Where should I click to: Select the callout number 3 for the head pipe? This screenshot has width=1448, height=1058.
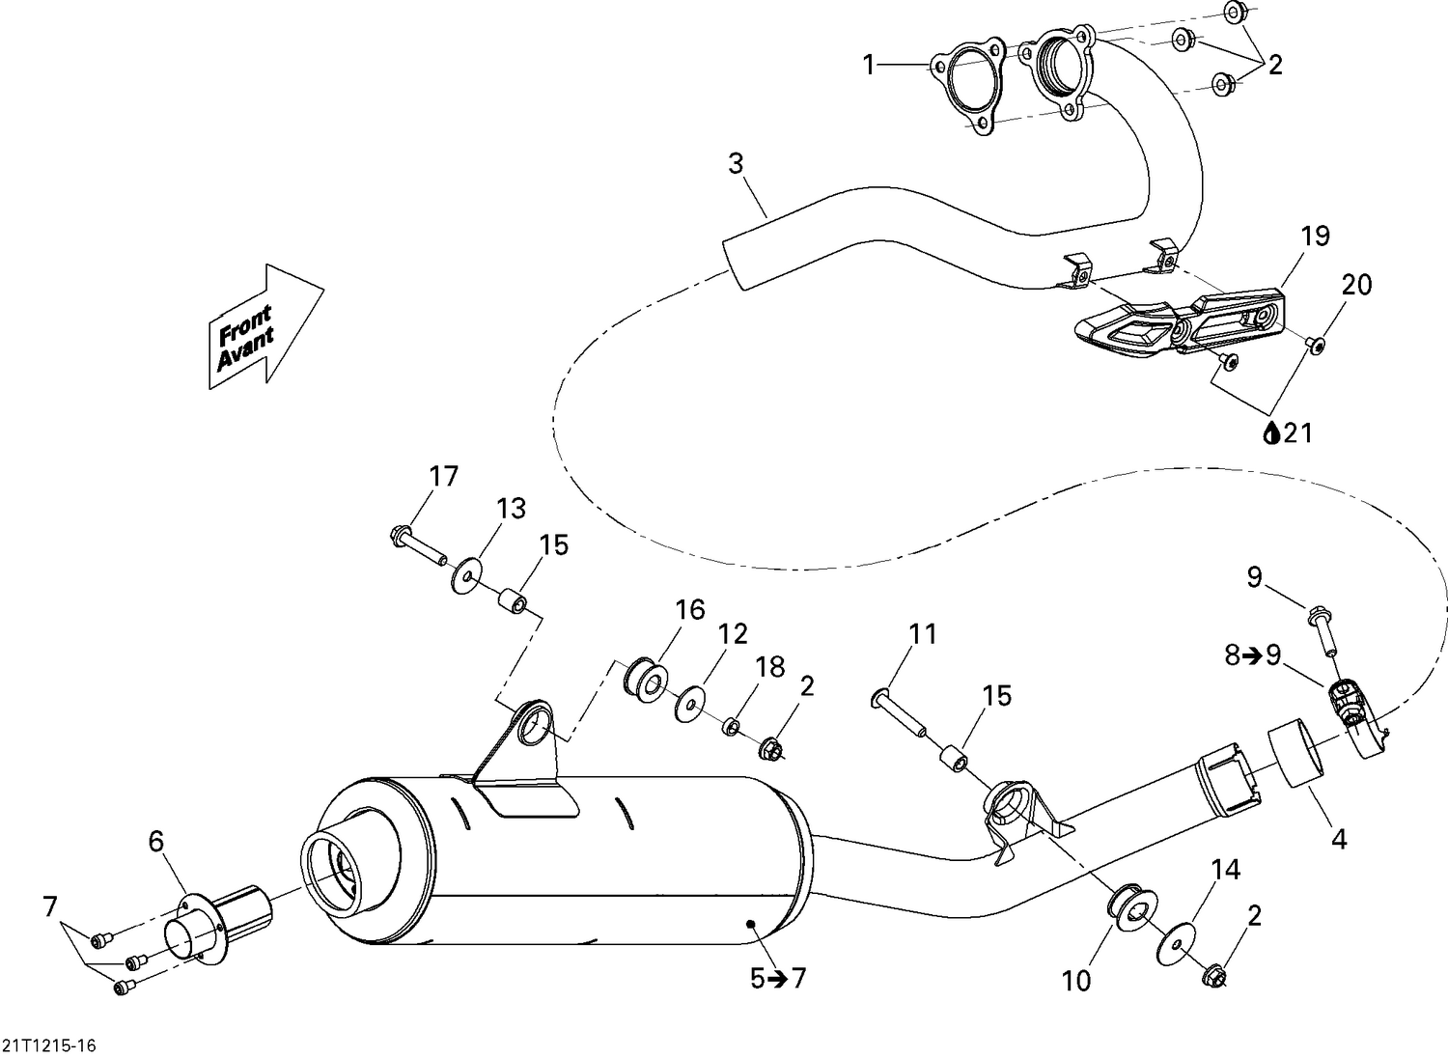point(737,164)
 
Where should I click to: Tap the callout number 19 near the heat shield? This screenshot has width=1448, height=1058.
point(1315,236)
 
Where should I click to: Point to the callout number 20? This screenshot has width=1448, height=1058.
point(1356,285)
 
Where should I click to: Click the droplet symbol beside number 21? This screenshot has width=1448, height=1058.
point(1271,434)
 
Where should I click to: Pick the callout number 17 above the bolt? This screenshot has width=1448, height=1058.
point(444,476)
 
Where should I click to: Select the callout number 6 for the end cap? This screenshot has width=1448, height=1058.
point(156,842)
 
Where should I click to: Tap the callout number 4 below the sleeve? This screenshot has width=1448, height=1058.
point(1338,840)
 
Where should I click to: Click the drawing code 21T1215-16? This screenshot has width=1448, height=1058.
point(49,1046)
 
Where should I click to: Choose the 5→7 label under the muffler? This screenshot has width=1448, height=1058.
point(777,979)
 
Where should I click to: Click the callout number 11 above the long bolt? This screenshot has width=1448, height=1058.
point(923,634)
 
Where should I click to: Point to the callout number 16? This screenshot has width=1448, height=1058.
point(690,609)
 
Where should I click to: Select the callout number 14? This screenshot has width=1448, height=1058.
point(1225,870)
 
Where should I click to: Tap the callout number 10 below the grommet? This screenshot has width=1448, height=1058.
point(1075,981)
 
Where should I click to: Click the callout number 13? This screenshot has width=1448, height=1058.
point(512,508)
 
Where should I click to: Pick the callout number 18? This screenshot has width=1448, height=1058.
point(770,667)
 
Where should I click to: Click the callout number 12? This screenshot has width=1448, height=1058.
point(733,634)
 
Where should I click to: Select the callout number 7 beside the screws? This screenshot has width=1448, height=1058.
point(50,907)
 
